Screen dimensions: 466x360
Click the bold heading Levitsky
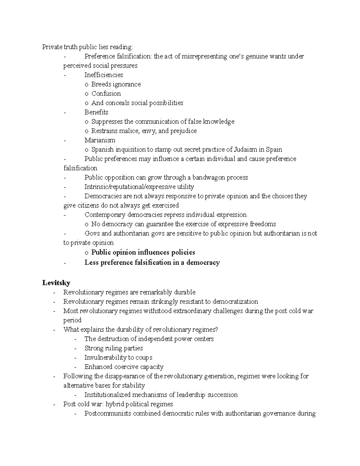tap(56, 283)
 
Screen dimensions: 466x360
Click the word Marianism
tap(100, 140)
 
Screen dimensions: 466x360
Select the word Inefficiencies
tap(103, 75)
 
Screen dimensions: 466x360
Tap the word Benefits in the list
tap(96, 112)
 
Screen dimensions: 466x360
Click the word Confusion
tap(106, 94)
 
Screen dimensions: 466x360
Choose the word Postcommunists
tap(108, 413)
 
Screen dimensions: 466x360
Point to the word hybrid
tap(118, 404)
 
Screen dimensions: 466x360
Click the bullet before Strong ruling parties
tap(76, 348)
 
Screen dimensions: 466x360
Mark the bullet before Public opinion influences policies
tap(86, 253)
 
